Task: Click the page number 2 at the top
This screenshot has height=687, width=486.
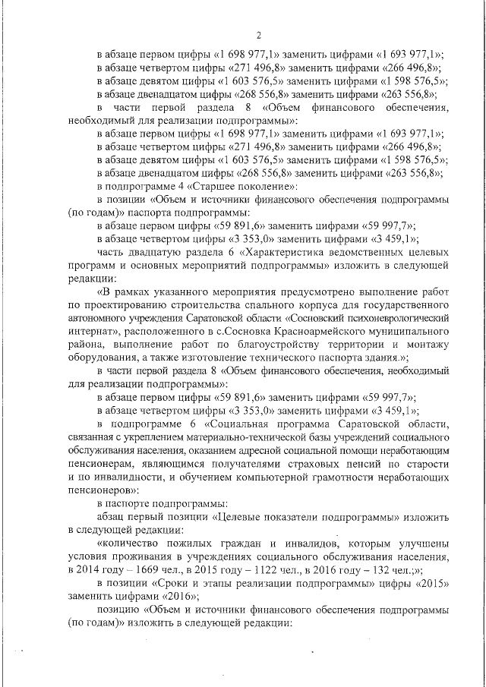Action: click(259, 34)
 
